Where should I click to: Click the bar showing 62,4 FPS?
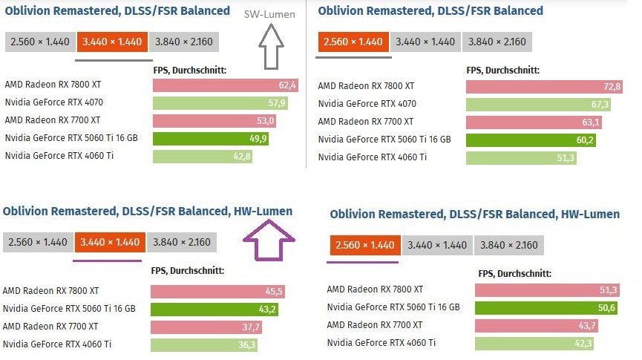click(225, 85)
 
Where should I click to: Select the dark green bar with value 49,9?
click(211, 138)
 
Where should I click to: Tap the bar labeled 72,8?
click(544, 87)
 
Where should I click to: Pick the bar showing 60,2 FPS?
click(531, 140)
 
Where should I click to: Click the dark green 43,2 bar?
click(214, 310)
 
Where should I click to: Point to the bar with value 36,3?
click(204, 345)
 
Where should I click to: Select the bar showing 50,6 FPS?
click(546, 307)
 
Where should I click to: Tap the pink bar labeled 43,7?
click(537, 326)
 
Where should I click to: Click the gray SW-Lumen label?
click(269, 14)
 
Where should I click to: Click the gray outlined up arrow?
click(271, 46)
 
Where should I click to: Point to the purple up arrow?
click(269, 240)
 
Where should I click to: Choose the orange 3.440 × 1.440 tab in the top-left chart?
click(112, 42)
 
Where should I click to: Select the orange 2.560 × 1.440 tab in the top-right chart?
click(353, 42)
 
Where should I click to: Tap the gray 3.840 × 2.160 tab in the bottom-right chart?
click(508, 246)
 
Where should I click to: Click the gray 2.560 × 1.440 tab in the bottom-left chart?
click(38, 243)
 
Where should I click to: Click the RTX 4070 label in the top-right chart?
click(367, 104)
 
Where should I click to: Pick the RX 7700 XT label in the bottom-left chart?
click(50, 327)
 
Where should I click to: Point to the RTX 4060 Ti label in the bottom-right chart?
click(381, 343)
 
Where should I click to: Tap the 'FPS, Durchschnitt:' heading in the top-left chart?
click(189, 70)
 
